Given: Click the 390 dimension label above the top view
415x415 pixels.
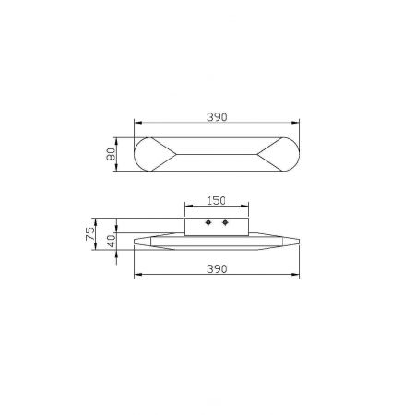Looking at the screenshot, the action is [217, 117].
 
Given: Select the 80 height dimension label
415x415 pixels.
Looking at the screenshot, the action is [111, 154].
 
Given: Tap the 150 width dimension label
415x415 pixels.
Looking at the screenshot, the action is [217, 201].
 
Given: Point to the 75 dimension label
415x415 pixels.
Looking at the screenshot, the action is [90, 233].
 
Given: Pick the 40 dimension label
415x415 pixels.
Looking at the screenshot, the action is [112, 241].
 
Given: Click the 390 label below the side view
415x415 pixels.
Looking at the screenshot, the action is [217, 269].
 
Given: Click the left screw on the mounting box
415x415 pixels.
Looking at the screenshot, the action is [208, 222].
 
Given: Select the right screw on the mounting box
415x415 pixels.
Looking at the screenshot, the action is [225, 222].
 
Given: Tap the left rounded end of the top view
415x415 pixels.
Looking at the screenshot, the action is [135, 154].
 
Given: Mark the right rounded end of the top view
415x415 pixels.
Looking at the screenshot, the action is [299, 154].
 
